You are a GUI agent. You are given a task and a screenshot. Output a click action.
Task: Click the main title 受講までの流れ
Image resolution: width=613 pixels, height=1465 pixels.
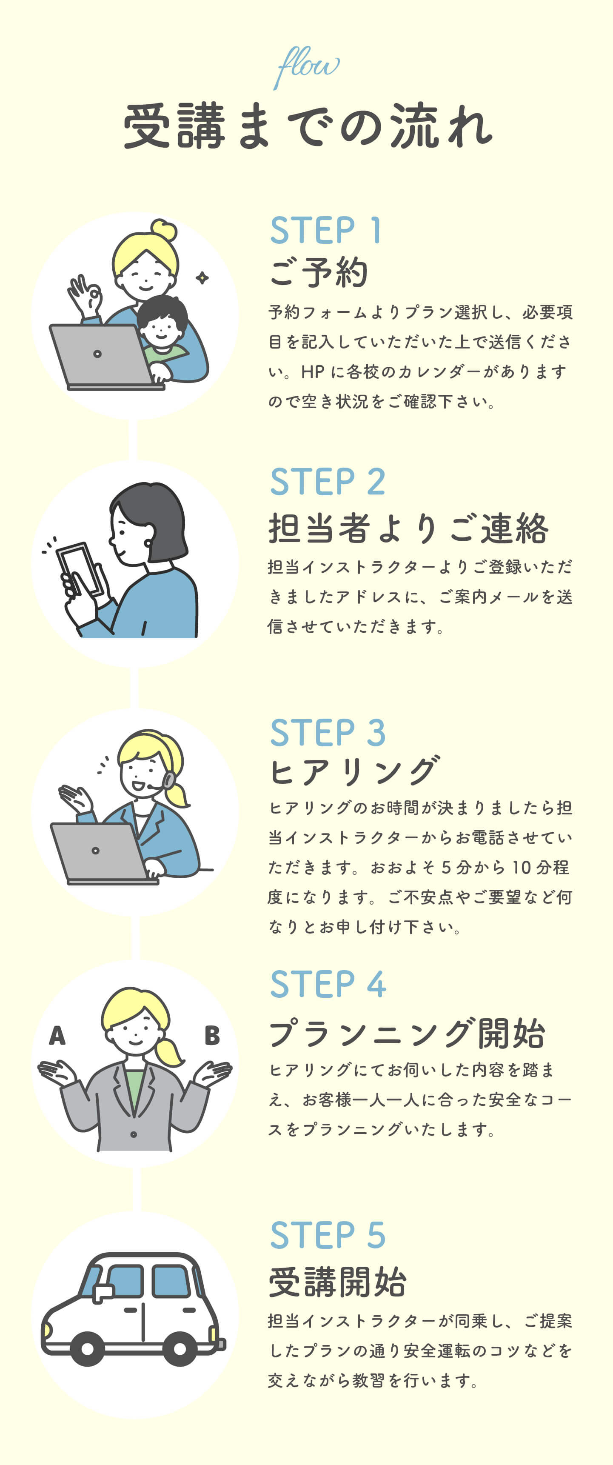(x=308, y=126)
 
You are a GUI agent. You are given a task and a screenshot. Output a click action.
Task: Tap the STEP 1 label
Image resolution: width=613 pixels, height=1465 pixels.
(x=325, y=230)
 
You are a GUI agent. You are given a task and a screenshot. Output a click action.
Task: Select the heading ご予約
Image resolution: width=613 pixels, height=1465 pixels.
(x=319, y=272)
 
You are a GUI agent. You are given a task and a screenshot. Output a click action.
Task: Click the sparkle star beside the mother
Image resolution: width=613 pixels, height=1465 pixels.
(x=202, y=277)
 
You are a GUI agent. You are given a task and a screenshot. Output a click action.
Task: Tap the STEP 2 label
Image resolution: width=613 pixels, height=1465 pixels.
(x=328, y=482)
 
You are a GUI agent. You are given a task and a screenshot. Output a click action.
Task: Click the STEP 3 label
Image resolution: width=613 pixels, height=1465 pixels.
(x=328, y=733)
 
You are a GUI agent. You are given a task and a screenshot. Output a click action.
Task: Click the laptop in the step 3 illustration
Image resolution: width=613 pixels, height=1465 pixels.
(x=103, y=853)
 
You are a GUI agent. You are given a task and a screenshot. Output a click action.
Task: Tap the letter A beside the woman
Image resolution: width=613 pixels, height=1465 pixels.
(x=57, y=1036)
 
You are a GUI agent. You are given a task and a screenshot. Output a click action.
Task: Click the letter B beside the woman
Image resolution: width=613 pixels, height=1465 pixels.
(x=212, y=1036)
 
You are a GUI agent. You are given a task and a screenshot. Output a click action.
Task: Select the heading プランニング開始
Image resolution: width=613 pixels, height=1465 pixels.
(x=407, y=1034)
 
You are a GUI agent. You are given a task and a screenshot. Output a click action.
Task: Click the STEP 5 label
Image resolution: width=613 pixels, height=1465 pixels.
(x=328, y=1235)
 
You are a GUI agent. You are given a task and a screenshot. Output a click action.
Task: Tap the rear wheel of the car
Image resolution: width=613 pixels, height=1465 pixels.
(x=180, y=1348)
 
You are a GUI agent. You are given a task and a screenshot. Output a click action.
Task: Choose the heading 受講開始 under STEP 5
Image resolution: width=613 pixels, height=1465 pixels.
(x=337, y=1282)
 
